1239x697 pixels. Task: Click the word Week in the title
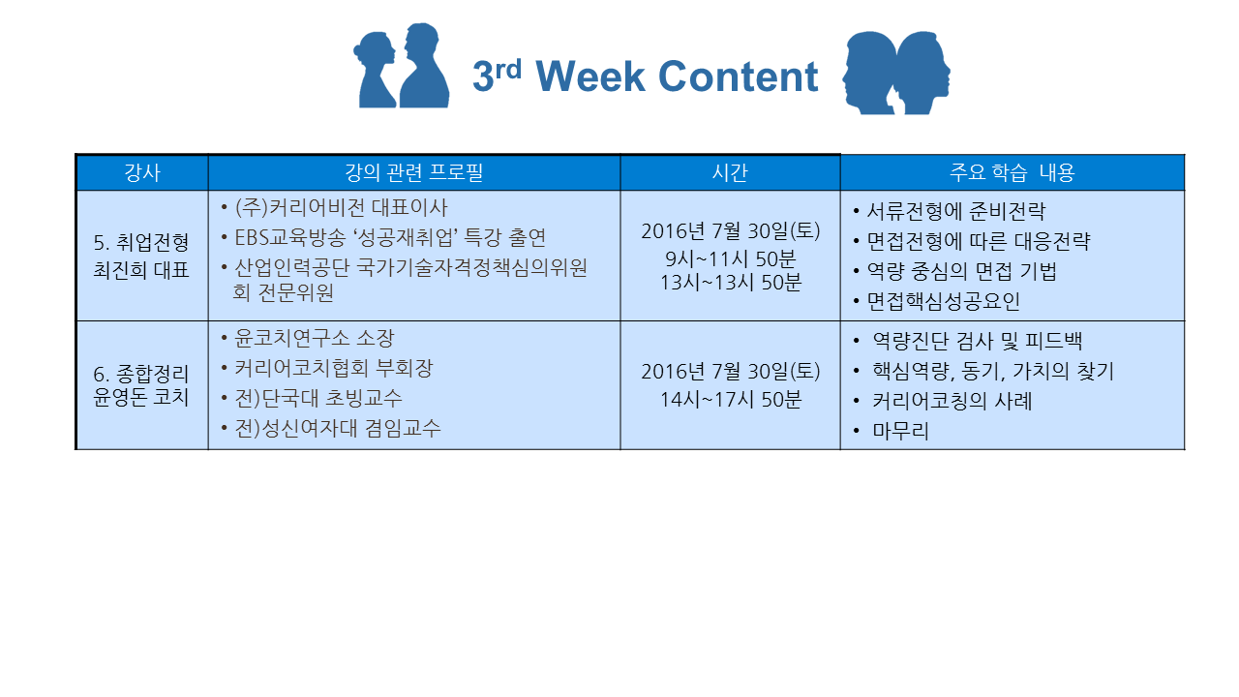[x=590, y=76]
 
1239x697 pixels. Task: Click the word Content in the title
[x=738, y=76]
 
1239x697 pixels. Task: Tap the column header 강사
[x=142, y=172]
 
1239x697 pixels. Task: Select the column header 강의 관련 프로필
[x=413, y=172]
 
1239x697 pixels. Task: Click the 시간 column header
[x=730, y=172]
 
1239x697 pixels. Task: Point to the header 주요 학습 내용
[x=1012, y=172]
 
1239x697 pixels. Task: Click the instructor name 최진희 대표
[x=141, y=270]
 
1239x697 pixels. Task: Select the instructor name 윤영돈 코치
[x=141, y=397]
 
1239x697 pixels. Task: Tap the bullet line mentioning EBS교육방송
[x=390, y=238]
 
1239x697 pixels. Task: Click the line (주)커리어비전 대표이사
[x=341, y=208]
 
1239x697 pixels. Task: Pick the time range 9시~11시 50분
[x=730, y=258]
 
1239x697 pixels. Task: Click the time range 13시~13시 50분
[x=730, y=282]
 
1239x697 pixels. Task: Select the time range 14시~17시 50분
[x=730, y=400]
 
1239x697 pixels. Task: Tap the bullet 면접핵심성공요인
[x=943, y=301]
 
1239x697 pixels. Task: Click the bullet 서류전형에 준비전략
[x=955, y=211]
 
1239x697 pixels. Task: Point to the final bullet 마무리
[x=900, y=431]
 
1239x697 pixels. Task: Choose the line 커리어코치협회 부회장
[x=334, y=368]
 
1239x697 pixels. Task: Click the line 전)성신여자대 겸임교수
[x=338, y=428]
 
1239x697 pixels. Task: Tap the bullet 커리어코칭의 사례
[x=952, y=401]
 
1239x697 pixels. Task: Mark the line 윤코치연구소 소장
[x=315, y=338]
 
